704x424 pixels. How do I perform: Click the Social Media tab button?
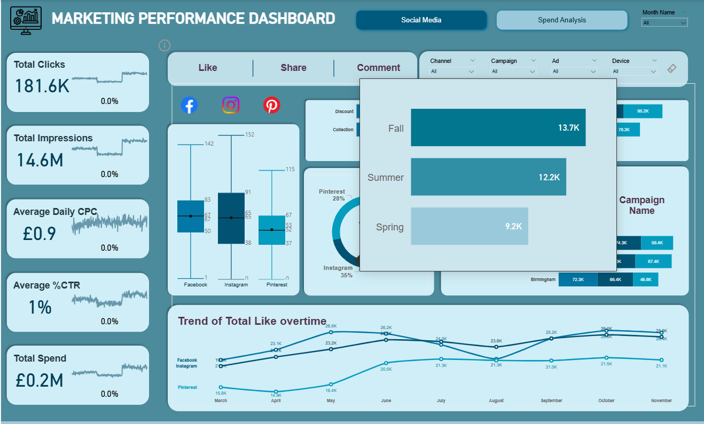421,20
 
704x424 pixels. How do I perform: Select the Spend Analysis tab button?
561,20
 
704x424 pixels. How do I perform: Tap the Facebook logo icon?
189,105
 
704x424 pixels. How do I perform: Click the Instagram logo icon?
231,105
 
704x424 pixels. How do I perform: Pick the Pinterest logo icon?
271,105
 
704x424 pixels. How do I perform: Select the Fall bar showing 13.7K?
498,127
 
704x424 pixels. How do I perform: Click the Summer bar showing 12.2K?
488,177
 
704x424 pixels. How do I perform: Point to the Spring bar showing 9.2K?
469,227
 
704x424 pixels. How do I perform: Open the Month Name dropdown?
664,23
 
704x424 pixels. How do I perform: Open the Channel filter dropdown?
452,71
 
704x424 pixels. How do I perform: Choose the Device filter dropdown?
635,71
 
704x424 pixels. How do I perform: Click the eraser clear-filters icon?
672,68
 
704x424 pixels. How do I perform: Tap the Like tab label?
208,68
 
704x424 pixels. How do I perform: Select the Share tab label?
293,68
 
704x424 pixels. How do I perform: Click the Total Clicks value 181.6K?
42,86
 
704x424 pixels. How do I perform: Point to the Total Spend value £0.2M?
40,380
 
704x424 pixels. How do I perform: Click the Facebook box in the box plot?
190,216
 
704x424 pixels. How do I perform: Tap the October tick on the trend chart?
606,401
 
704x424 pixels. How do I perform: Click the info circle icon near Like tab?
165,45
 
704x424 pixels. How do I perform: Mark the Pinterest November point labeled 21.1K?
661,360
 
